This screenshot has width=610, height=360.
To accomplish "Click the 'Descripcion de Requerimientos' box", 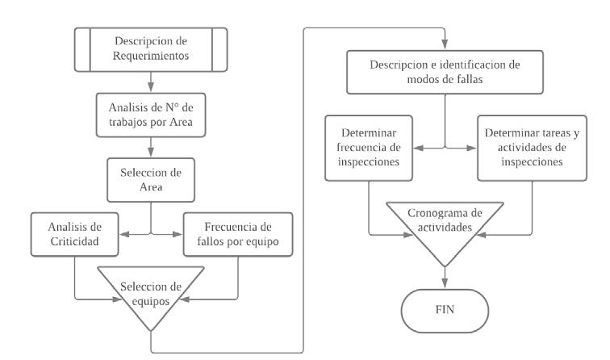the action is click(x=151, y=49).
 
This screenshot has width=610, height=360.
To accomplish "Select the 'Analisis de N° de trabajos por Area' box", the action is click(x=151, y=115).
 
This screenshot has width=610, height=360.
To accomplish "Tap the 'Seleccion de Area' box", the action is click(x=151, y=180).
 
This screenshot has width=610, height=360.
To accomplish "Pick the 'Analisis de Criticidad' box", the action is click(x=75, y=234).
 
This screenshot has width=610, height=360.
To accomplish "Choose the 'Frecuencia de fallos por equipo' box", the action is click(x=238, y=234).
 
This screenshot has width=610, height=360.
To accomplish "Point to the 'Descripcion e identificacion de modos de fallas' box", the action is click(x=445, y=72).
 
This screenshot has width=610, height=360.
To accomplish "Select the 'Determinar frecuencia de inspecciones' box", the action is click(x=369, y=148).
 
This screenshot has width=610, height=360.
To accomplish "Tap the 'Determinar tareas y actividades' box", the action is click(x=533, y=148).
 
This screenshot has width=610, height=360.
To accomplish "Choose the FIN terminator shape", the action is click(x=445, y=311).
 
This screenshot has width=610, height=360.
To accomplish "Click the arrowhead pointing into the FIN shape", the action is click(x=445, y=283).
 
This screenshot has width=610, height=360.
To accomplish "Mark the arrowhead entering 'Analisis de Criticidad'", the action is click(x=124, y=234).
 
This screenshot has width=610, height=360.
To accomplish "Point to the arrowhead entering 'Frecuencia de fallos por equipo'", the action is click(x=178, y=234).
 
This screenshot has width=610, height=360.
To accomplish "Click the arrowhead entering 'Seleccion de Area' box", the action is click(x=151, y=153).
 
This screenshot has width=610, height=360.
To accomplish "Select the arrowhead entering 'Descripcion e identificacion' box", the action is click(x=445, y=44).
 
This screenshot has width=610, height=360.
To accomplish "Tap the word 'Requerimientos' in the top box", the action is click(x=151, y=56).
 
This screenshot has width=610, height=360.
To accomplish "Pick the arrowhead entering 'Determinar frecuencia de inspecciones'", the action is click(x=418, y=148).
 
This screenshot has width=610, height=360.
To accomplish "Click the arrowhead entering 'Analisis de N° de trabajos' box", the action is click(x=151, y=87).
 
